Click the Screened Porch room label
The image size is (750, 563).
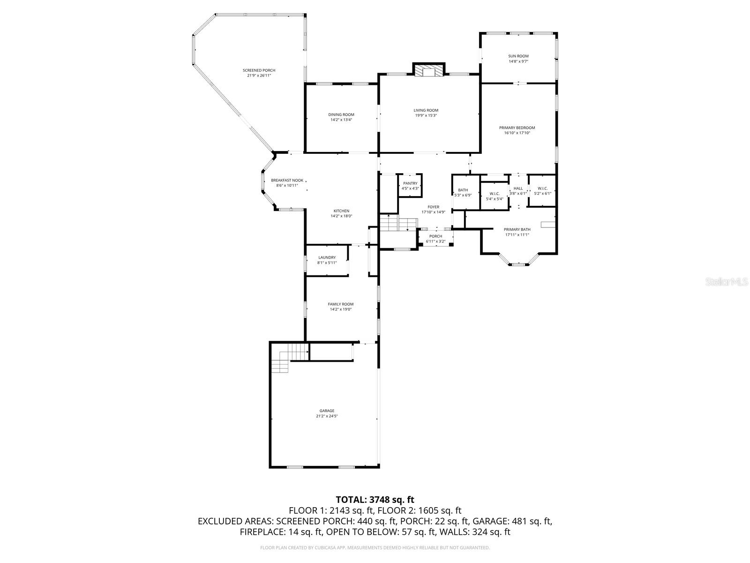click(x=259, y=70)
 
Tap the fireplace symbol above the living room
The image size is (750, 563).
click(x=427, y=70)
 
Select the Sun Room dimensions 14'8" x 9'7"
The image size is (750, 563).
click(x=518, y=61)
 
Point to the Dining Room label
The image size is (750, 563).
click(x=341, y=114)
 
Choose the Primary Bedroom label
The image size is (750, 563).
click(x=517, y=128)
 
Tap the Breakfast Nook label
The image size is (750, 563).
click(x=287, y=180)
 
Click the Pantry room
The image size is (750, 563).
click(x=410, y=186)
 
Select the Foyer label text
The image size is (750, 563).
click(x=433, y=207)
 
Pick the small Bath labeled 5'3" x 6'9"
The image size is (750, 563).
click(x=463, y=192)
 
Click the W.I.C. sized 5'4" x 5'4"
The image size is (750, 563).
click(x=494, y=196)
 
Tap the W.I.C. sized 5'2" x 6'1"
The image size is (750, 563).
click(x=542, y=190)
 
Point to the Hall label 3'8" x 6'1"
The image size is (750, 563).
click(x=518, y=190)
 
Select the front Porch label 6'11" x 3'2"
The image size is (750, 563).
click(x=435, y=239)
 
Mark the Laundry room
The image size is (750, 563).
click(x=327, y=260)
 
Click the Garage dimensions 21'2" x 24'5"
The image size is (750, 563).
click(x=327, y=416)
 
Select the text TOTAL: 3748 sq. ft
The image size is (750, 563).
click(x=375, y=500)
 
